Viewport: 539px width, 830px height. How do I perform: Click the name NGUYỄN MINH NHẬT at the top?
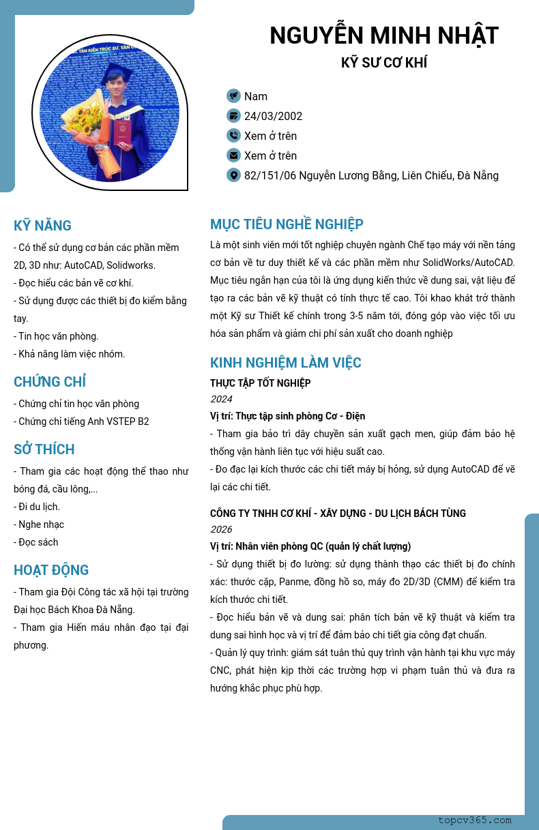384,35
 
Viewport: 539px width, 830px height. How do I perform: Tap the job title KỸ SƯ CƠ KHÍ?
384,63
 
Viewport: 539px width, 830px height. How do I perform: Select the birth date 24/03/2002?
273,116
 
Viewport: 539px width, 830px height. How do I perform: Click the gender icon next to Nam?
233,96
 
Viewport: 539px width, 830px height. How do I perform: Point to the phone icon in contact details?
233,136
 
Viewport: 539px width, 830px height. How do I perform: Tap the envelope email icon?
233,155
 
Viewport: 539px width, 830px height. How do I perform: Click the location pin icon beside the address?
233,175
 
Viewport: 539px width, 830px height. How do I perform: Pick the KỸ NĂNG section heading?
42,226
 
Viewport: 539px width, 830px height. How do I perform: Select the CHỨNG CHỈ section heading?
50,382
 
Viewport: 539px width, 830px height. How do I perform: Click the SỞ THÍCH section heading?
44,449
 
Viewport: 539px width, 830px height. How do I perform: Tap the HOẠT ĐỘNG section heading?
51,570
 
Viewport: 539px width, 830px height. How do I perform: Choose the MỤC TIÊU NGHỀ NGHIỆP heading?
287,224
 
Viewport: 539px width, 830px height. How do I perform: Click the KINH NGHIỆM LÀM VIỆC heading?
286,363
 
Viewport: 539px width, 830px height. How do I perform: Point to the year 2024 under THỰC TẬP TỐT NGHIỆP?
221,399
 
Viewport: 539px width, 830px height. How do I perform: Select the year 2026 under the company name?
221,529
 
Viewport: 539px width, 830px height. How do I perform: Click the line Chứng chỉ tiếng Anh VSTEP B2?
81,421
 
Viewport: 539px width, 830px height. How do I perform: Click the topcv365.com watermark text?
475,820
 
